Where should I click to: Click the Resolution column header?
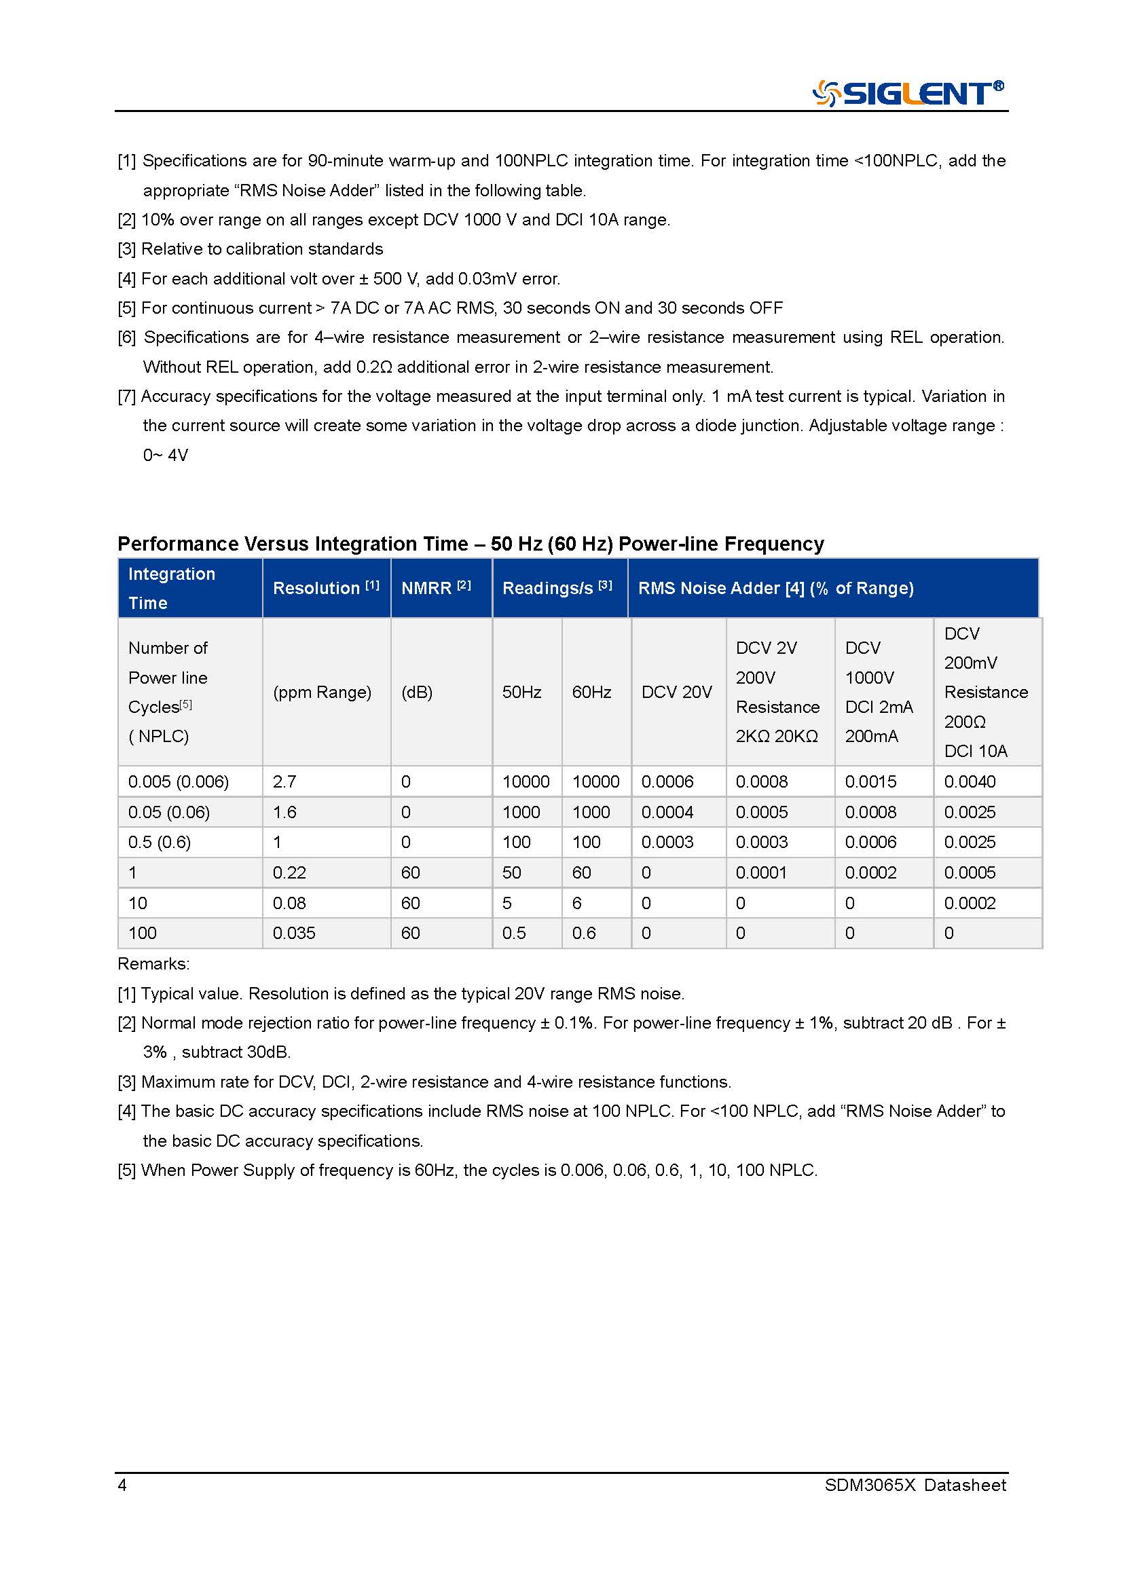coord(326,588)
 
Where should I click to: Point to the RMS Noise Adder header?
coord(775,588)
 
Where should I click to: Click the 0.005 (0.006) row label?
coord(179,781)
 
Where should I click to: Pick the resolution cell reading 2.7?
coord(284,781)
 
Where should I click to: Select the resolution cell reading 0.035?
coord(294,933)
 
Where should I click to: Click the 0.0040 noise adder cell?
coord(970,781)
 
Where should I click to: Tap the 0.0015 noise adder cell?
coord(870,781)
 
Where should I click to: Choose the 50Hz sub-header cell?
coord(521,692)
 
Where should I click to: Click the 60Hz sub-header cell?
coord(591,692)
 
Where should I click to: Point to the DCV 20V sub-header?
coord(676,692)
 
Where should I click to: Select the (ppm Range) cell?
coord(322,692)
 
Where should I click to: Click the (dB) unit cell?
coord(417,692)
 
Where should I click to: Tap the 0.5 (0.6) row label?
coord(160,842)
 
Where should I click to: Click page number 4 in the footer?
coord(122,1485)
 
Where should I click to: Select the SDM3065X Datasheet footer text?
coord(915,1485)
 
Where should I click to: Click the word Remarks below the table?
coord(153,963)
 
